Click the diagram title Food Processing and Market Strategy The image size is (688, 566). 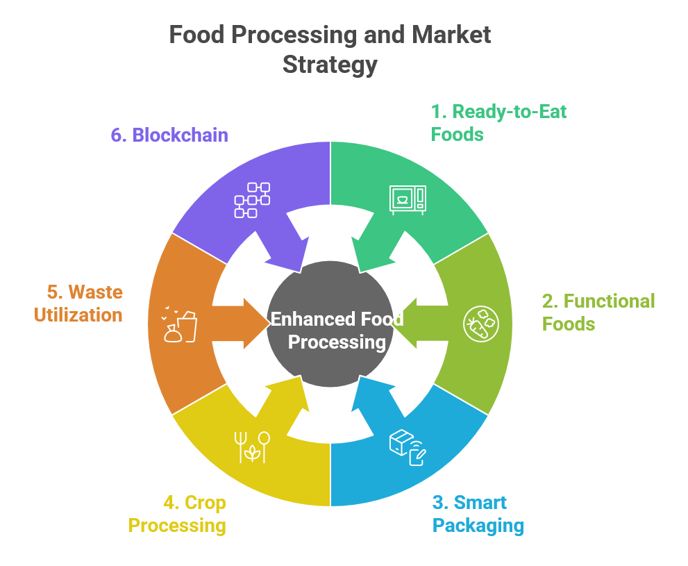tap(330, 49)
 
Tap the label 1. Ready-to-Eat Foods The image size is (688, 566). tap(498, 122)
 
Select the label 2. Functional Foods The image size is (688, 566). tap(598, 312)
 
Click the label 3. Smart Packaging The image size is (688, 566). tap(478, 513)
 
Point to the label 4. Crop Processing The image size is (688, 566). tap(178, 513)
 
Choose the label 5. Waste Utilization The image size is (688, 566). tap(78, 303)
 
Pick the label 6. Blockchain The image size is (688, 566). tap(169, 134)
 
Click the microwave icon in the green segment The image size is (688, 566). tap(408, 199)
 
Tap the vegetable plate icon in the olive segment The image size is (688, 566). tap(480, 323)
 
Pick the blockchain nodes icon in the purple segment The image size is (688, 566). tap(252, 199)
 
